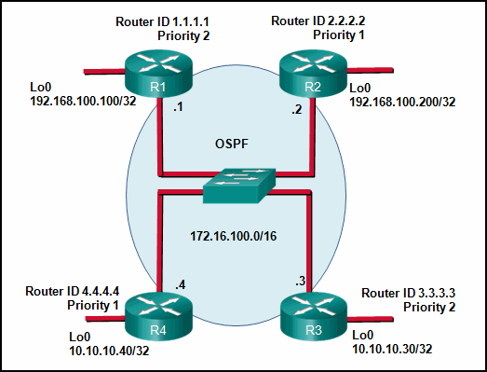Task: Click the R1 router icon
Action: tap(158, 74)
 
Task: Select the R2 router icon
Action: tap(313, 74)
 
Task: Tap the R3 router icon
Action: tap(314, 317)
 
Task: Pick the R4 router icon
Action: tap(158, 317)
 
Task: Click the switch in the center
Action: tap(239, 186)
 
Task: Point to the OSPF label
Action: tap(232, 144)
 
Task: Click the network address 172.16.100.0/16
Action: tap(233, 236)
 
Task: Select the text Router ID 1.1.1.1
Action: tap(162, 21)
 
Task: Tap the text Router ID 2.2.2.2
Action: tap(318, 21)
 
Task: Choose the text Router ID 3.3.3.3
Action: tap(409, 293)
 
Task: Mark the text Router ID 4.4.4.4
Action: tap(72, 292)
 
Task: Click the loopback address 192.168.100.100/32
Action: tap(83, 101)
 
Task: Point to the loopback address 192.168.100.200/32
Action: tap(402, 102)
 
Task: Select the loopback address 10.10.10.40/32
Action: tap(109, 351)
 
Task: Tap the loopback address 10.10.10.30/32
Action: tap(392, 349)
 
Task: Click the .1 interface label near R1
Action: tap(178, 107)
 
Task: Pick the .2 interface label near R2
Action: tap(297, 109)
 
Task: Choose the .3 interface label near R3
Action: tap(301, 281)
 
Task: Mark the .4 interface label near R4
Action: tap(181, 284)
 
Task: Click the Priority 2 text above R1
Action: tap(183, 35)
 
